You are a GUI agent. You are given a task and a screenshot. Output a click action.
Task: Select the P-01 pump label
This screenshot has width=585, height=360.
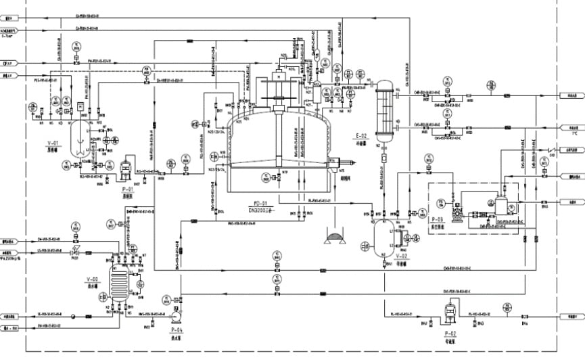pyautogui.click(x=129, y=191)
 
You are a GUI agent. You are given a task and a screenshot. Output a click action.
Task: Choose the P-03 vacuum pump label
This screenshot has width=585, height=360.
pyautogui.click(x=437, y=220)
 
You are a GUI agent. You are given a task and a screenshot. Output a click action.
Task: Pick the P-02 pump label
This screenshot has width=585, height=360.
pyautogui.click(x=451, y=334)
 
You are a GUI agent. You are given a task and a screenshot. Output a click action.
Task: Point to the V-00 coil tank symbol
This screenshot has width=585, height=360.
pyautogui.click(x=120, y=285)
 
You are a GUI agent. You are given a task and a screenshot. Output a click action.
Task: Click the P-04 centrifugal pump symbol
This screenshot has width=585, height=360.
pyautogui.click(x=177, y=315)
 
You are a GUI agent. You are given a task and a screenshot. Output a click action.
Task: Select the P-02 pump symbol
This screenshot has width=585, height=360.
pyautogui.click(x=448, y=313)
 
